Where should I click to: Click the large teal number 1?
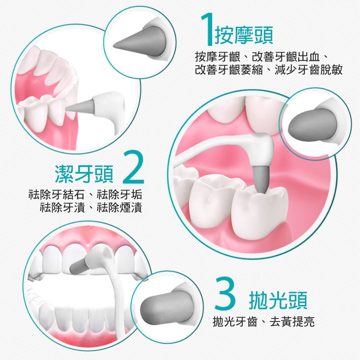tap(207, 29)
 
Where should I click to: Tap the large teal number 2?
tap(134, 167)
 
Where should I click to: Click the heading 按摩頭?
tap(244, 35)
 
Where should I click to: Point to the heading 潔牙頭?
tap(84, 174)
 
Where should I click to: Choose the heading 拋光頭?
tap(278, 300)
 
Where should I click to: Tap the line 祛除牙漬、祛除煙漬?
tap(91, 208)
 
